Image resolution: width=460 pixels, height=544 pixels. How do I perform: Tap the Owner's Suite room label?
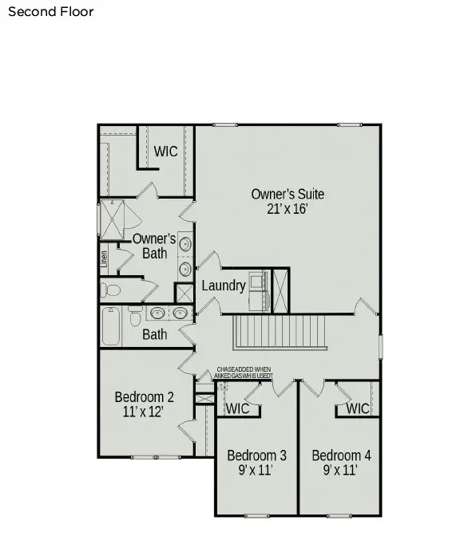[287, 194]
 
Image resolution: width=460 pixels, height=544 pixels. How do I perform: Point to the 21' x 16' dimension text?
[287, 209]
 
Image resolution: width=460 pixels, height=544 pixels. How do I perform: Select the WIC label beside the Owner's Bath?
[165, 152]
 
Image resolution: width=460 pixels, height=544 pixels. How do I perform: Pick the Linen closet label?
[104, 258]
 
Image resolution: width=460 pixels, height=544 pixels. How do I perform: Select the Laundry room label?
[223, 286]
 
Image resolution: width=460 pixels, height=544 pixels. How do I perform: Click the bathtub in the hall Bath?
[110, 326]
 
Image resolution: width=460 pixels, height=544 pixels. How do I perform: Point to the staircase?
[279, 332]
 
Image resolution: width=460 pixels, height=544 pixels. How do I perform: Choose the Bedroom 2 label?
[144, 396]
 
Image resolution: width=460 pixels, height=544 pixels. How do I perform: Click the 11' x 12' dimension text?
[144, 412]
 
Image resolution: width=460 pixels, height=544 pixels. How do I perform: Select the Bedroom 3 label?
[256, 455]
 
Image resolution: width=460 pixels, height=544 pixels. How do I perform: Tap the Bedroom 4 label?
[341, 455]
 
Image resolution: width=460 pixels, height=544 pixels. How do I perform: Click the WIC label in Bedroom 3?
[238, 408]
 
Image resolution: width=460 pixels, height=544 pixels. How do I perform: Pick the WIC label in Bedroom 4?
[358, 408]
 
